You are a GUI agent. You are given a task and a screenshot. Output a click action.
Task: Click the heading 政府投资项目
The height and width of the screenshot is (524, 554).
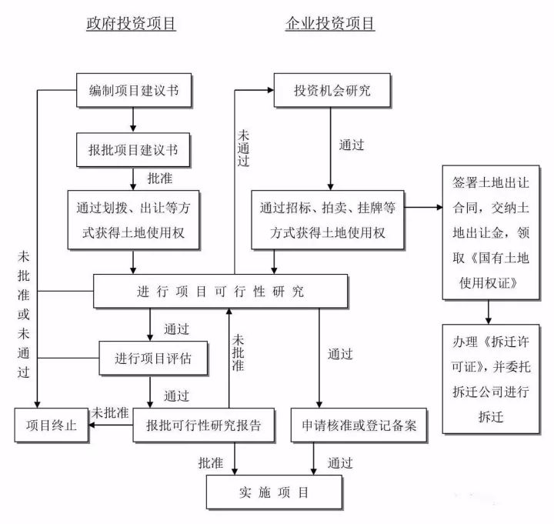click(131, 24)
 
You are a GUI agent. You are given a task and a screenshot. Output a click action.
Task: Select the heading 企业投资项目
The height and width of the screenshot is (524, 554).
click(330, 24)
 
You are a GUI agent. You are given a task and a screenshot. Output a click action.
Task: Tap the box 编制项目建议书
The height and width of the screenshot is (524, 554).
click(134, 91)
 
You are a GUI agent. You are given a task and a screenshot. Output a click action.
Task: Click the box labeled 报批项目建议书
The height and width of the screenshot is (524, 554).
click(134, 149)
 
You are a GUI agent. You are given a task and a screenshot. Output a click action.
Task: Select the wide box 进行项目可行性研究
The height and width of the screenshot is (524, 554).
click(220, 292)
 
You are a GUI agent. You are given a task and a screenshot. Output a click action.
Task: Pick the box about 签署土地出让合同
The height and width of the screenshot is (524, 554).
click(489, 231)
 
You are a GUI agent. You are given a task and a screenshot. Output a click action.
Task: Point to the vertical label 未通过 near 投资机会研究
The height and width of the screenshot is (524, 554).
click(243, 143)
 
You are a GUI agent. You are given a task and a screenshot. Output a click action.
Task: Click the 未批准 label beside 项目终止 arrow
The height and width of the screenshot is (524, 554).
click(109, 412)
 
